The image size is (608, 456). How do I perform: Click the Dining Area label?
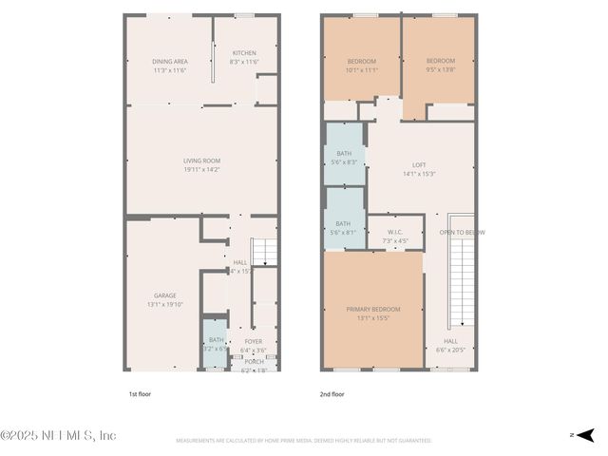coord(169,62)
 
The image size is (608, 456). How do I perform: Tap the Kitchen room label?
coord(245,53)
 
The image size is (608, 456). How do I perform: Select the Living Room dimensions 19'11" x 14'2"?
coord(201,170)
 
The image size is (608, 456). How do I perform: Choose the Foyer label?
coord(254,341)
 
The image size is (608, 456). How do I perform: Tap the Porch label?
coord(254,361)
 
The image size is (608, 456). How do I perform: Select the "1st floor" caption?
coord(139,393)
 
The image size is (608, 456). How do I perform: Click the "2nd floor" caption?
coord(332,393)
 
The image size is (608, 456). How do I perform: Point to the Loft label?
coord(419,164)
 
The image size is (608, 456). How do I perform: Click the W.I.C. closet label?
coord(395,232)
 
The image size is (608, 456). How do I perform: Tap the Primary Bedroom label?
coord(372,310)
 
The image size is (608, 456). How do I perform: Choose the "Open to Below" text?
coord(461,232)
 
